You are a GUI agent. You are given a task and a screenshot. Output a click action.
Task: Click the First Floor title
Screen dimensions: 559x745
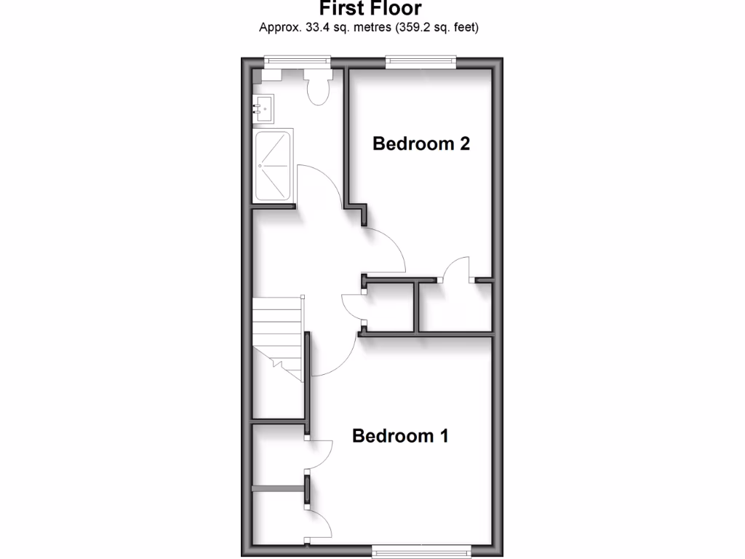coord(370,9)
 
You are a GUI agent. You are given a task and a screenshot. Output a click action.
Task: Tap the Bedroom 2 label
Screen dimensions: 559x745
coord(421,143)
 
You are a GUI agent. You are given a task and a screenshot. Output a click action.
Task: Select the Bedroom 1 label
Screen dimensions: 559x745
coord(400,436)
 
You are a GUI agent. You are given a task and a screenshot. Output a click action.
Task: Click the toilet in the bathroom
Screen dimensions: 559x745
coord(318,87)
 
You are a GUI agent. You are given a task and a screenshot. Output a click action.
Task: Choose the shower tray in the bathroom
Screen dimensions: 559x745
coord(273,167)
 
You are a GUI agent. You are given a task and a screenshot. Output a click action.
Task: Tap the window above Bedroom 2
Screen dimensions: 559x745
coord(421,62)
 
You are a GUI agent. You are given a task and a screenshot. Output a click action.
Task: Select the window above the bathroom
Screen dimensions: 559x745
coord(297,62)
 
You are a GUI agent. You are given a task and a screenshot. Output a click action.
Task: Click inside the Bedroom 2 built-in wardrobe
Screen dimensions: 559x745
coord(457,306)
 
